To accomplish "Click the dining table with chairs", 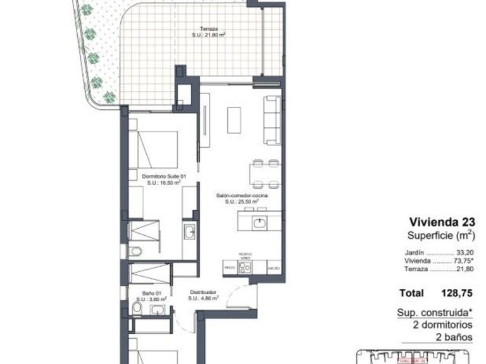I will [265, 173].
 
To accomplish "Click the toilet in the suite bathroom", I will [134, 252].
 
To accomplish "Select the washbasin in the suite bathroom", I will [189, 233].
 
